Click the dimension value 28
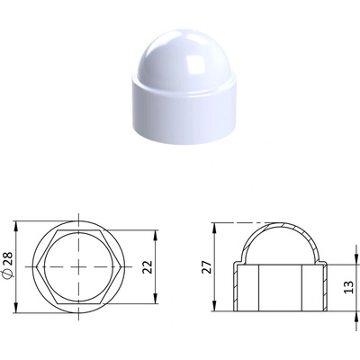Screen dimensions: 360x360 [x=8, y=258]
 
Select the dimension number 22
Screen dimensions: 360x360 [x=148, y=266]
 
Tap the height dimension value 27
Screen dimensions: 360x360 [x=207, y=266]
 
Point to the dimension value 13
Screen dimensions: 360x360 [x=349, y=287]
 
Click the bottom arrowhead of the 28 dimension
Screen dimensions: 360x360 [x=16, y=308]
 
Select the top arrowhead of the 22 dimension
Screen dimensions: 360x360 [x=156, y=235]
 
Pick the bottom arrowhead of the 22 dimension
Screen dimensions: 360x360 [x=156, y=299]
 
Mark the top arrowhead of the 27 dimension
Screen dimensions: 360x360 [x=214, y=228]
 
